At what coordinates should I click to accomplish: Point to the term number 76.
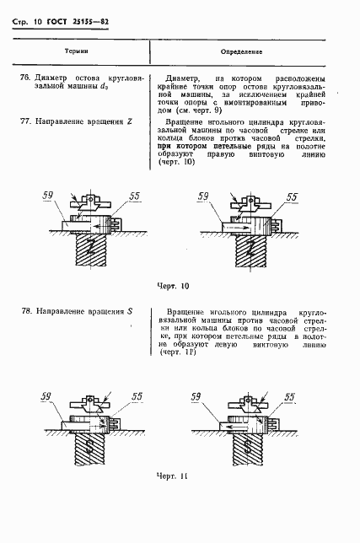[24, 79]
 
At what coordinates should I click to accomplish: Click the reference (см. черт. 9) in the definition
[193, 110]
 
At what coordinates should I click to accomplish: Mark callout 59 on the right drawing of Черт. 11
[196, 395]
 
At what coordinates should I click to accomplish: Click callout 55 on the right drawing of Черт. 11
[289, 395]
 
